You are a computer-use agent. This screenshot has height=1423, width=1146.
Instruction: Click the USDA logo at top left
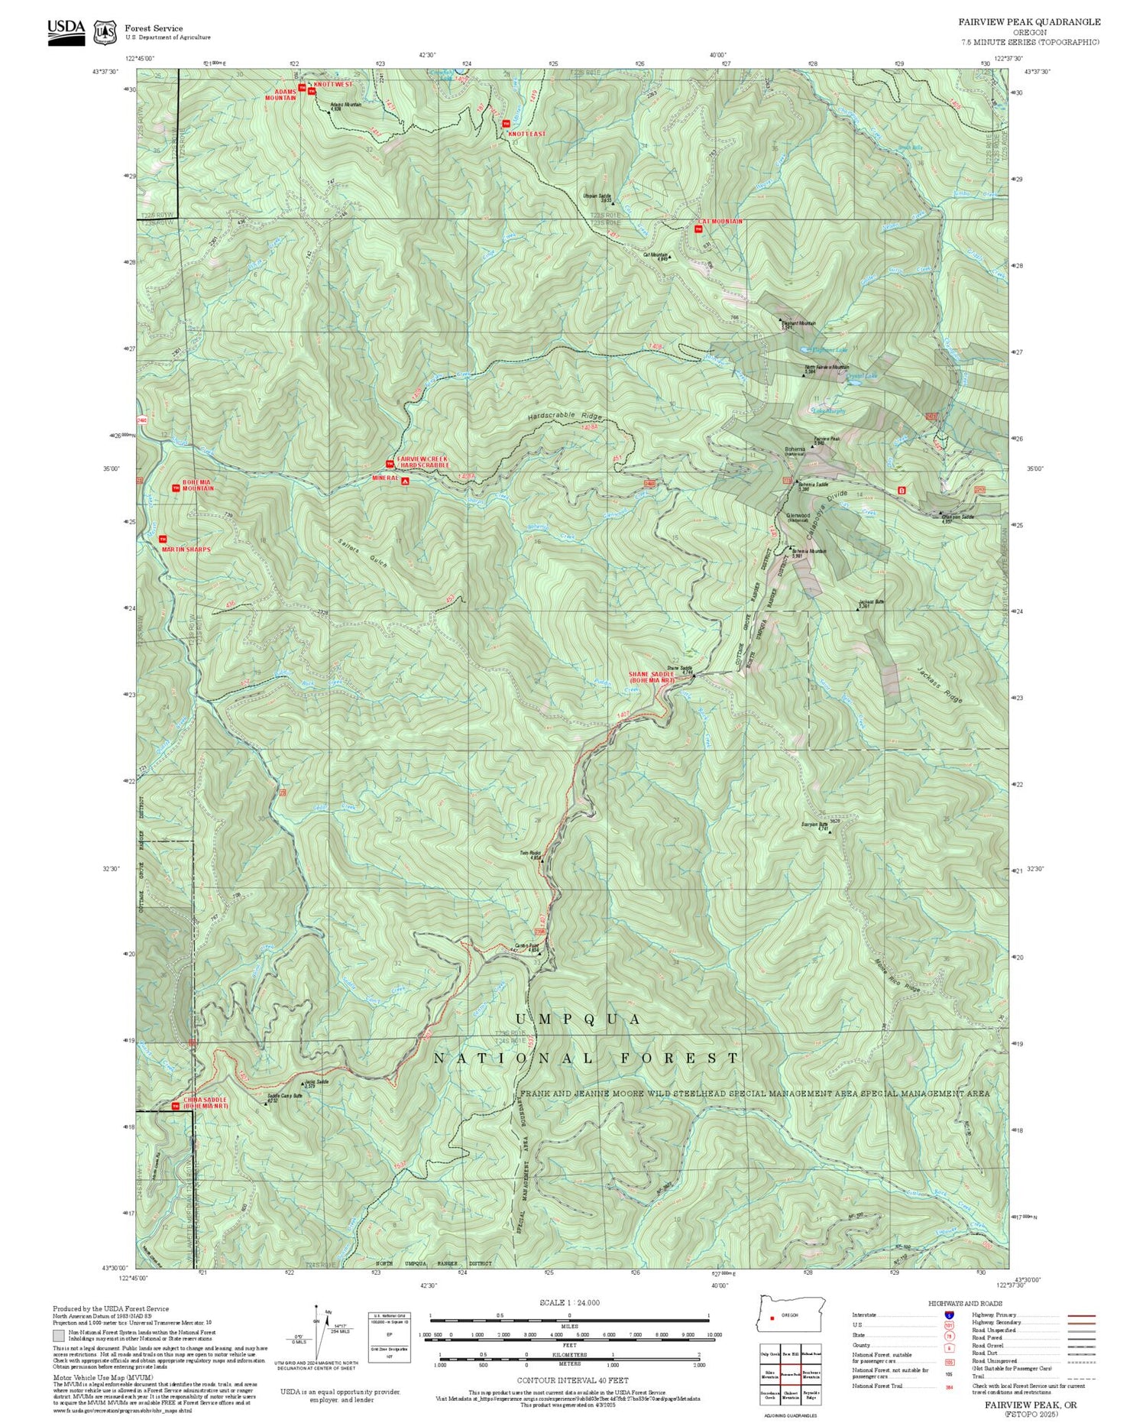(x=66, y=31)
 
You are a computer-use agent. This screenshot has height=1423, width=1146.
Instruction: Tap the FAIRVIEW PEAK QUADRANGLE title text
(x=1029, y=22)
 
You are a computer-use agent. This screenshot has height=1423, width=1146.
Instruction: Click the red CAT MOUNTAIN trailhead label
(x=719, y=221)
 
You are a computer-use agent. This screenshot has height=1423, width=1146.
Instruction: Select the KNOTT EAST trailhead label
(x=527, y=134)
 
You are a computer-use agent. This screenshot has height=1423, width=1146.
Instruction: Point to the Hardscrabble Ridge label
(x=565, y=417)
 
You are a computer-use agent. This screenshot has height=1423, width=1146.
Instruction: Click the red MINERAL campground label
(x=385, y=478)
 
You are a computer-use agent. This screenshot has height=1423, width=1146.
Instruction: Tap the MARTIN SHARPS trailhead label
(x=186, y=549)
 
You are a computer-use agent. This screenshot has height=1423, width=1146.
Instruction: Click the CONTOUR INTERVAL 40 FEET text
(x=572, y=1380)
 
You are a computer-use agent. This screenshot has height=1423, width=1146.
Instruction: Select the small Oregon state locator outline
(x=793, y=1314)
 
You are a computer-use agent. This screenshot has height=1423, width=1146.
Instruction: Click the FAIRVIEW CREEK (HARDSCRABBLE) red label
(x=422, y=461)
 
